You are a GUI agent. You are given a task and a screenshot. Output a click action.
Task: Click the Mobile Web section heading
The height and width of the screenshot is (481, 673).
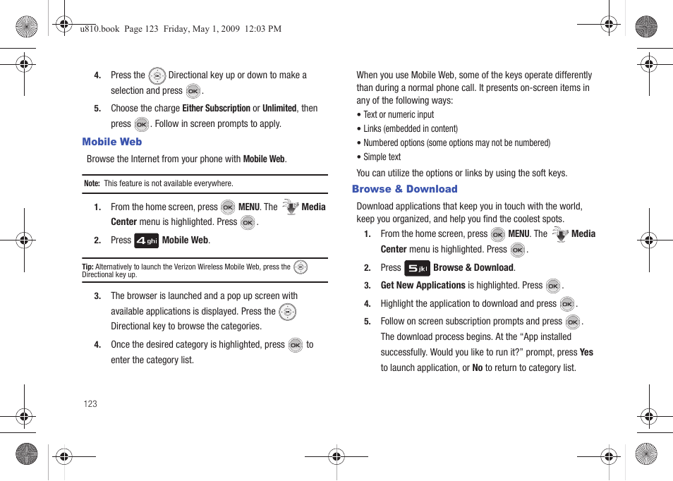[x=111, y=142]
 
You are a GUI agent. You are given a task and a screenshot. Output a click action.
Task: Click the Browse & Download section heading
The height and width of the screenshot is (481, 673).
[x=404, y=189]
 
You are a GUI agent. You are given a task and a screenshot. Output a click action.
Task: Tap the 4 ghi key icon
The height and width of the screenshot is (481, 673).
[x=147, y=240]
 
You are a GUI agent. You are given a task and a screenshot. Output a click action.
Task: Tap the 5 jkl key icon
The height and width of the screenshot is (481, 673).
[x=417, y=268]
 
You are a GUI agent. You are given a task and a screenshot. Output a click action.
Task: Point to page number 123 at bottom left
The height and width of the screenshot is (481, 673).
[x=90, y=404]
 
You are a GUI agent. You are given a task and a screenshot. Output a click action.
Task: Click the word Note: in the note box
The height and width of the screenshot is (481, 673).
[x=92, y=183]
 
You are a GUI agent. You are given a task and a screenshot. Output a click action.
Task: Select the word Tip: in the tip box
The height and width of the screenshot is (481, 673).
[x=87, y=267]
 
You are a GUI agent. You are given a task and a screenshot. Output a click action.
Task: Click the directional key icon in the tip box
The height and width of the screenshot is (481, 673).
[x=301, y=267]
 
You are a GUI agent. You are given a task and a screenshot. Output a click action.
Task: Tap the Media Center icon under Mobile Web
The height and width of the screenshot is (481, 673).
[x=290, y=207]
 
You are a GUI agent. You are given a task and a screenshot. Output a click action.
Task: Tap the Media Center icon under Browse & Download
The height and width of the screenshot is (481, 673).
[x=560, y=234]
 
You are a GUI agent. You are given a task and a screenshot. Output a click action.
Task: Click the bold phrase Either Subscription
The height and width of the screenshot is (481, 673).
[x=216, y=109]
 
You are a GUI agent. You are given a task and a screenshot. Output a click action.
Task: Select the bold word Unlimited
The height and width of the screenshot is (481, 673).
[x=279, y=109]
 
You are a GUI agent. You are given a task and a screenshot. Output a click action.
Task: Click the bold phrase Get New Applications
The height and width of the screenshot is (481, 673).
[x=423, y=286]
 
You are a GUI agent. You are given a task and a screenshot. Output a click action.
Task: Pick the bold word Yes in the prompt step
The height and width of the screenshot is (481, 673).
[x=586, y=352]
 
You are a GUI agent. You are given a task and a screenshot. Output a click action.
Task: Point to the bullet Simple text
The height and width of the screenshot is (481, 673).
[x=382, y=157]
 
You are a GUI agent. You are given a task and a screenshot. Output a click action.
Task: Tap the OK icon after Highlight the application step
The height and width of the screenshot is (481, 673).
[x=567, y=304]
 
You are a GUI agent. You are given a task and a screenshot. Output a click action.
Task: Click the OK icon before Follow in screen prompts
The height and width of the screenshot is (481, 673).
[x=141, y=124]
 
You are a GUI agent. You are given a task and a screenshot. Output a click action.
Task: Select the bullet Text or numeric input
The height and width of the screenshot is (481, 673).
[x=399, y=114]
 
